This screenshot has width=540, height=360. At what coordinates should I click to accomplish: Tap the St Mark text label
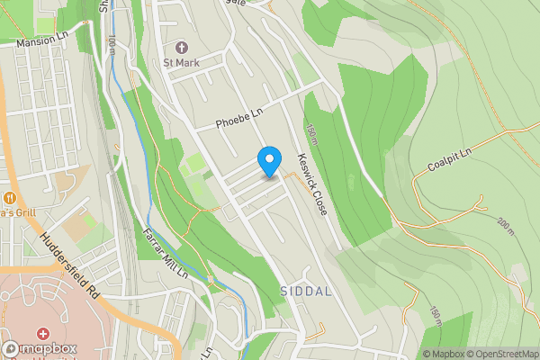(180, 62)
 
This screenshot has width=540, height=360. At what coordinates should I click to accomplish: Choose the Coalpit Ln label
(449, 159)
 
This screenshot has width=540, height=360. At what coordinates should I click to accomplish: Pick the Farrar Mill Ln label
(164, 252)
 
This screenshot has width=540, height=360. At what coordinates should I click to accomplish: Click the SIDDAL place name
(306, 292)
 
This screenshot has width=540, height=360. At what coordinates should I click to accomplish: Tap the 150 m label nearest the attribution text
(436, 316)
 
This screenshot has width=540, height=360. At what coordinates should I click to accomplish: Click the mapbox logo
(40, 349)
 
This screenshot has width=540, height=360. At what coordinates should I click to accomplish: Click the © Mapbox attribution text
(443, 354)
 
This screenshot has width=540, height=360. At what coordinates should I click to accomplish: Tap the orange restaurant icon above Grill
(10, 197)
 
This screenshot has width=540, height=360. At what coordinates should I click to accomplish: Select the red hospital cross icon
(42, 334)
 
